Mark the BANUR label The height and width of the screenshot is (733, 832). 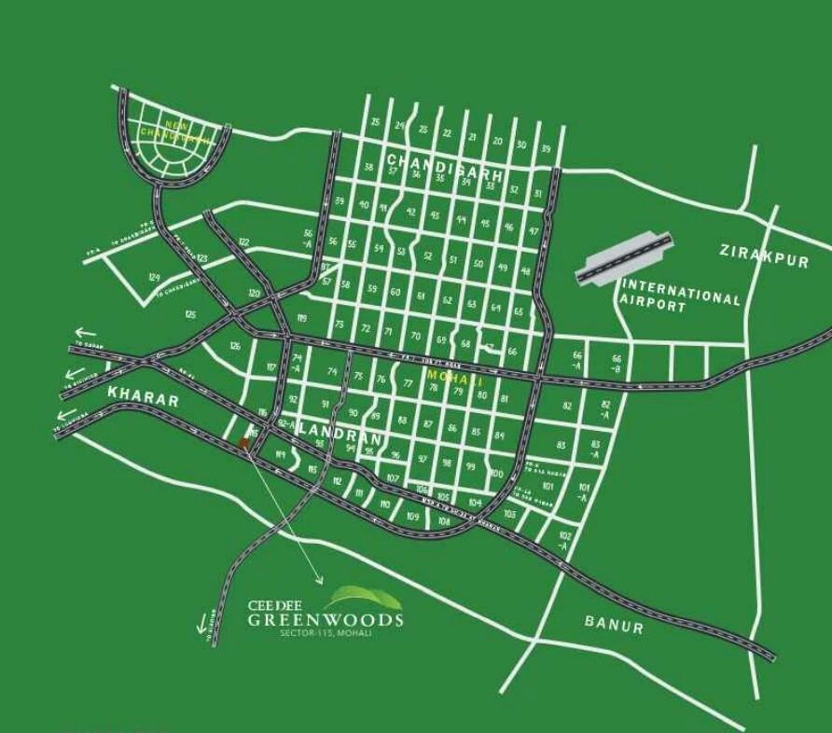coord(614,624)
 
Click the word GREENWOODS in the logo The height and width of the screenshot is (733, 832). coord(326,619)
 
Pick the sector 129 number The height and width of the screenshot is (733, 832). coord(154,278)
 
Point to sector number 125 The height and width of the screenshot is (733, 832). coord(191,315)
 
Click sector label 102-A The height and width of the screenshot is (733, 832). coord(564,540)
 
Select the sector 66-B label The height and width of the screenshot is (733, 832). coord(617,363)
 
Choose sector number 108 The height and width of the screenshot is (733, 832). coord(444,521)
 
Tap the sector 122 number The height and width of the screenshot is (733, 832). coord(243,242)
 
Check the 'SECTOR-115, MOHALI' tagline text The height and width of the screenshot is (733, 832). coord(326,634)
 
